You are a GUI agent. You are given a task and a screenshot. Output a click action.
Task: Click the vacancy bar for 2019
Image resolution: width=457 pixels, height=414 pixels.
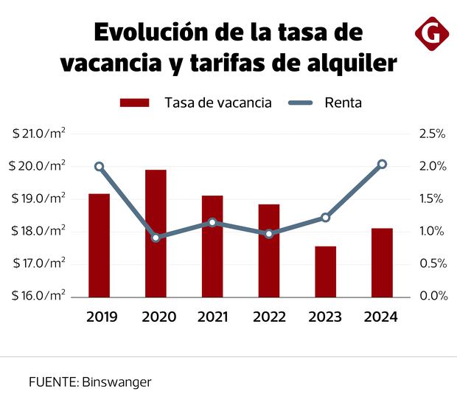(x=99, y=244)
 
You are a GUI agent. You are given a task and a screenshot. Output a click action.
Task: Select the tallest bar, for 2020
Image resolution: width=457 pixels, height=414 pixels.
(x=156, y=232)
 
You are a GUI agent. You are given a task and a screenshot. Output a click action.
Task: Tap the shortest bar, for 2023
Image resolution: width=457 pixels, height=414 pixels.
(x=325, y=271)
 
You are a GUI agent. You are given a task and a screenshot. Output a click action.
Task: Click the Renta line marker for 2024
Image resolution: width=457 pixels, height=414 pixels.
(x=382, y=164)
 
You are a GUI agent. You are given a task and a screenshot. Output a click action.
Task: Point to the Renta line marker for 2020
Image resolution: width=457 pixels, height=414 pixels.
(x=156, y=238)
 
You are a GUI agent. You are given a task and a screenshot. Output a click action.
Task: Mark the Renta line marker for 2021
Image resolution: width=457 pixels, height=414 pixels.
(x=212, y=222)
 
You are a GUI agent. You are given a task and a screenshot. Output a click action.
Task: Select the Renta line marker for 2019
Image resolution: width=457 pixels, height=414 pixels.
(x=100, y=167)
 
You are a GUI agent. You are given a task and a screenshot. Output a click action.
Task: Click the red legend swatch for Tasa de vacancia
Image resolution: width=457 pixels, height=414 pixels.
(x=135, y=103)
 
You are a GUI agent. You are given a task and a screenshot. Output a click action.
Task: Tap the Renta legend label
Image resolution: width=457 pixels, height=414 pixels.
(x=343, y=103)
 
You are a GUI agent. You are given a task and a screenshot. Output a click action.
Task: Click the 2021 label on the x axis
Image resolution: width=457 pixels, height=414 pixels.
(x=212, y=317)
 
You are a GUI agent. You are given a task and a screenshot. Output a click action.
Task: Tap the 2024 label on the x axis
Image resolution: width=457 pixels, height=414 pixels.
(x=382, y=317)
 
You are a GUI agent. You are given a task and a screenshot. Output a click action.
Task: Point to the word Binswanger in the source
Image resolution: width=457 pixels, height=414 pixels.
(x=117, y=382)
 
